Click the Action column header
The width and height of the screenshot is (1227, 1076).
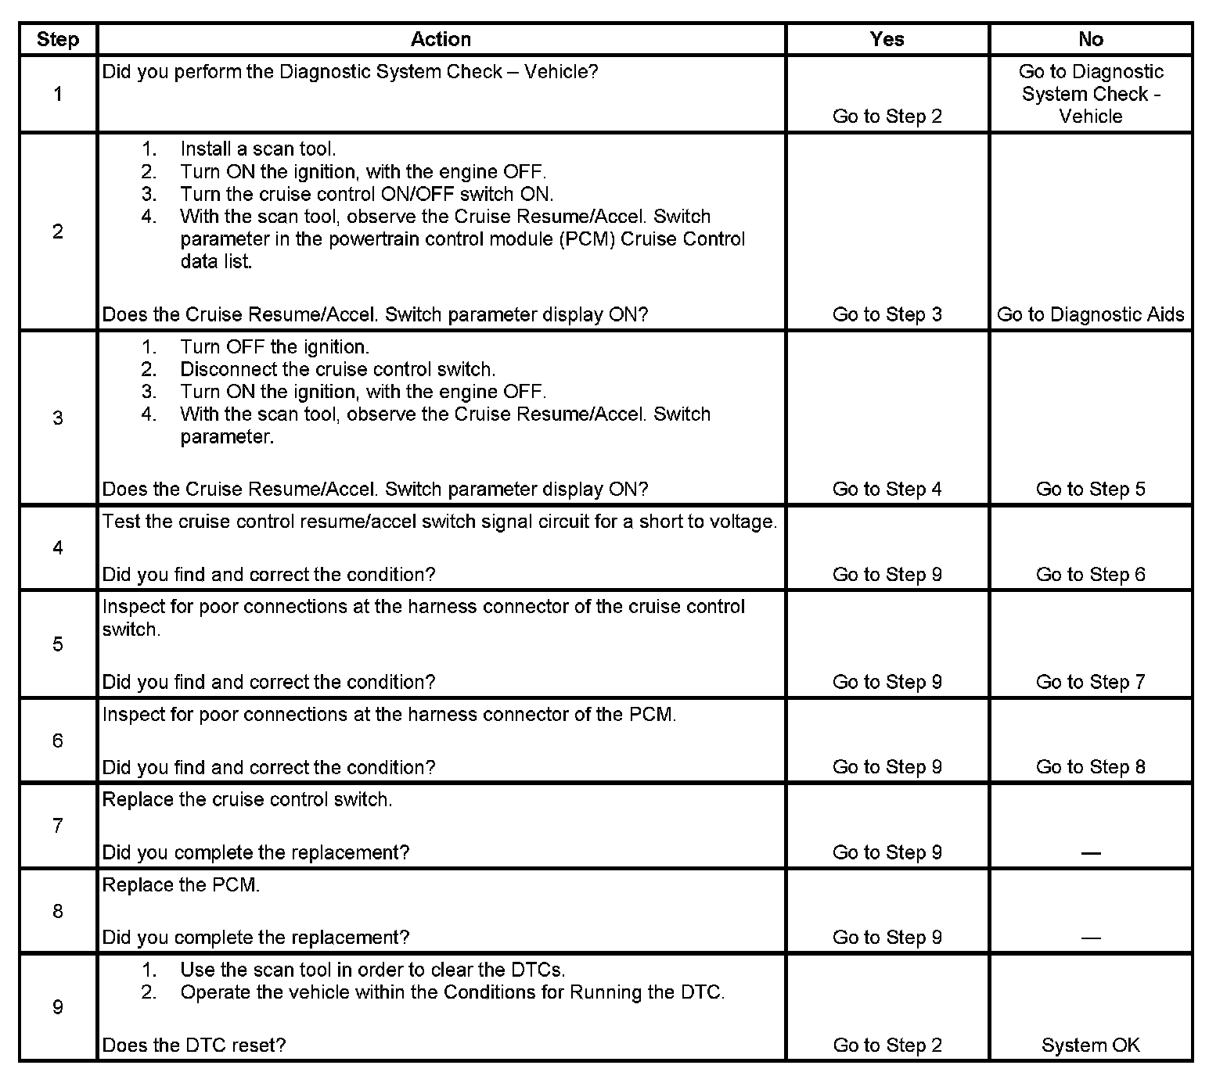(x=441, y=39)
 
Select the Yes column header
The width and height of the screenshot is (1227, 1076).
(x=887, y=39)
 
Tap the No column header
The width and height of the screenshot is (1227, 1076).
(x=1090, y=39)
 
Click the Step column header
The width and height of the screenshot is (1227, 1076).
(x=58, y=39)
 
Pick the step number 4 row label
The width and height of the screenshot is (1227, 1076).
(x=58, y=547)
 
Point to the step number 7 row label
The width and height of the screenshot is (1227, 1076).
(x=58, y=826)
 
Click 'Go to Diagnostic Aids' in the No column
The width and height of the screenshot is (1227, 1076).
(x=1090, y=314)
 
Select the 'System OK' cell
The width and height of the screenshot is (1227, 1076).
(x=1090, y=1045)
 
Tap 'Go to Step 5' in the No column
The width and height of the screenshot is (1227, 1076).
(x=1090, y=489)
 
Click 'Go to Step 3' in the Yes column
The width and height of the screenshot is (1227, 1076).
(x=887, y=314)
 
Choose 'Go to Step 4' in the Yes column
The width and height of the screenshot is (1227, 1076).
(x=887, y=489)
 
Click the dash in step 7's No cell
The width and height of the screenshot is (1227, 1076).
(x=1090, y=852)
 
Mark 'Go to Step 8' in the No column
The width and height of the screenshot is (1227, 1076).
(x=1090, y=767)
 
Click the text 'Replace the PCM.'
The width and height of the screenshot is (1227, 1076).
(x=181, y=884)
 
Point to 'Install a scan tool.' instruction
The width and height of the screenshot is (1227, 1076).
(x=257, y=149)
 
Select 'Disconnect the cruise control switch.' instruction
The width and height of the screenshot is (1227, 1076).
(x=337, y=369)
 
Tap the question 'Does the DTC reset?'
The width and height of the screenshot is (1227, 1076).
(x=194, y=1045)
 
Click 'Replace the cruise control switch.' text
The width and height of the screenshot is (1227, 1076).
(x=247, y=799)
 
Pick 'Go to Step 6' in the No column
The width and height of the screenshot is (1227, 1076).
(x=1090, y=575)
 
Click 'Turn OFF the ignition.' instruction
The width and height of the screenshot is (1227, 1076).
(x=275, y=346)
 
